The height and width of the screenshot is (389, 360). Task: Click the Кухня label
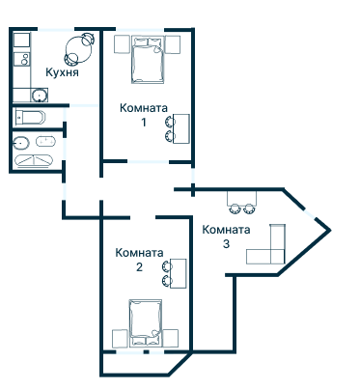tap(61, 72)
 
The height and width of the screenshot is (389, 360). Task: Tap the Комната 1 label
tap(144, 108)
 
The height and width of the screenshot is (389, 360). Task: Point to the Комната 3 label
tap(227, 230)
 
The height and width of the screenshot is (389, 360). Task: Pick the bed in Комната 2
tap(148, 323)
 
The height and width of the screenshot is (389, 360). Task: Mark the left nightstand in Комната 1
tap(121, 44)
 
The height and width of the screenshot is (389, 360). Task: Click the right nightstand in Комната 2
tap(173, 339)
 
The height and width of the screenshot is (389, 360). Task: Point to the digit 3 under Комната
tap(227, 243)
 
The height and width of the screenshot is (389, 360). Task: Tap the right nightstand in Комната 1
tap(174, 44)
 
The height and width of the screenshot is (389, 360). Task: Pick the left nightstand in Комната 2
tap(121, 339)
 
